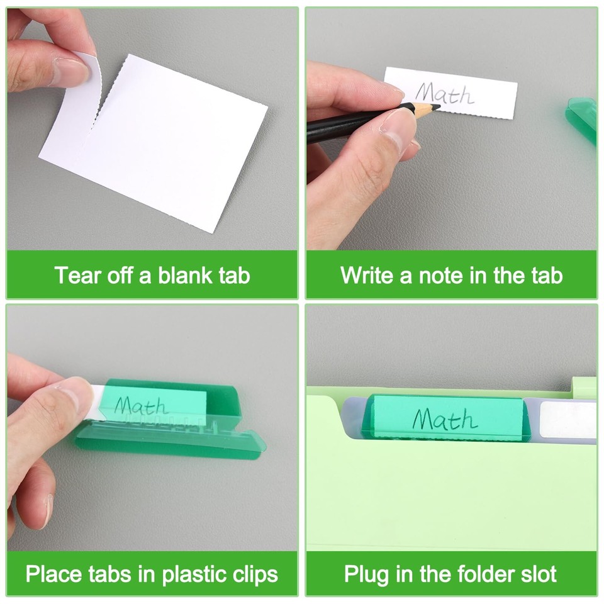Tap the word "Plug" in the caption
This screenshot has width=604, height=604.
[x=366, y=574]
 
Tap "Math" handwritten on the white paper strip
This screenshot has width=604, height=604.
[x=444, y=94]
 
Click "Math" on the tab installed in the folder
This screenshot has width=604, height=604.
[x=444, y=419]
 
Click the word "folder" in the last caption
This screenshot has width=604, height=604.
[x=479, y=574]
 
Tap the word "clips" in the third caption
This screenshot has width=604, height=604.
[x=255, y=574]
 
